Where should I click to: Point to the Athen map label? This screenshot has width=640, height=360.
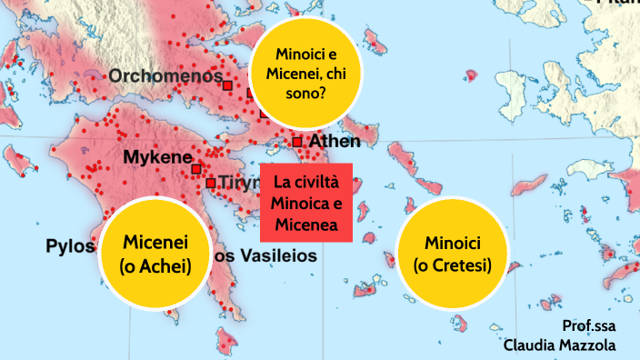click(335, 142)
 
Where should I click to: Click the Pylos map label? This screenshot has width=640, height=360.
click(70, 246)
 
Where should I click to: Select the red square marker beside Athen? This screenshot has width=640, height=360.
click(297, 142)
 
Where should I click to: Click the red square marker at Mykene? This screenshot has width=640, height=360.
click(195, 169)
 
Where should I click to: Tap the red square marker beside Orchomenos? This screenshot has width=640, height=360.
click(227, 85)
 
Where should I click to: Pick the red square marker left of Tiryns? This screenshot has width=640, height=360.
click(210, 183)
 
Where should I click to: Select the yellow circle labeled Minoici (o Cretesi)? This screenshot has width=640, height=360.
click(452, 254)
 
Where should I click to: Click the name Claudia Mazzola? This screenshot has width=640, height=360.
click(560, 345)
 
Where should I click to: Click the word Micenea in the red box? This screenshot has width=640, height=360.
click(305, 224)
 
